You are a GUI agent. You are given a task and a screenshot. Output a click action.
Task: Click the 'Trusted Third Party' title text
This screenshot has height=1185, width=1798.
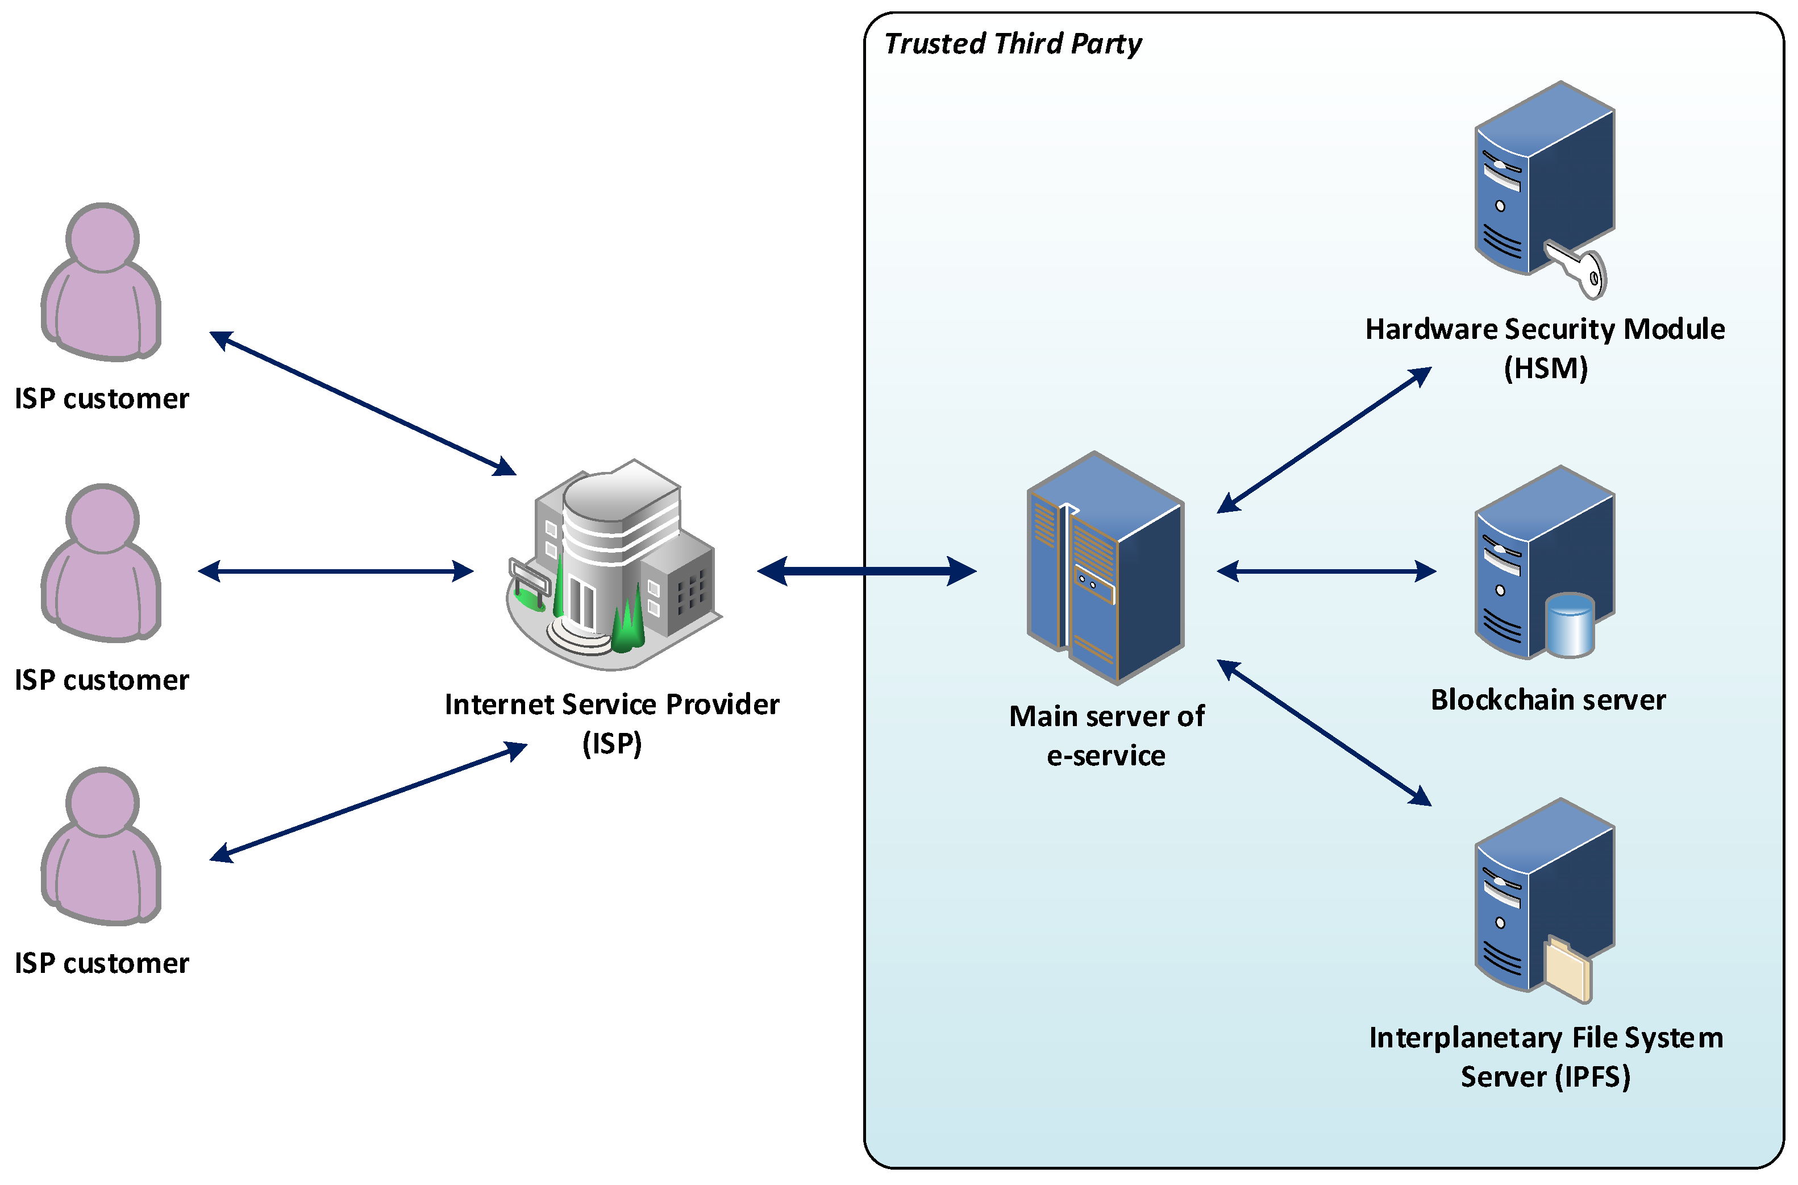coord(1012,44)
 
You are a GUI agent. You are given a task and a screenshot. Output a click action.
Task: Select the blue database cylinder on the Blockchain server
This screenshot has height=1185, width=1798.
coord(1570,625)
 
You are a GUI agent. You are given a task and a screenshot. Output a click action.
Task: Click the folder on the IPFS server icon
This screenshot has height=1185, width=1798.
coord(1568,969)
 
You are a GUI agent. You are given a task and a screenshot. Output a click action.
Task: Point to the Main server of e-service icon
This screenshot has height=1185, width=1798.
coord(1105,568)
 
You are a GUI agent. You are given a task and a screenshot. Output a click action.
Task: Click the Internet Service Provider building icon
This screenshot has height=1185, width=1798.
coord(613,565)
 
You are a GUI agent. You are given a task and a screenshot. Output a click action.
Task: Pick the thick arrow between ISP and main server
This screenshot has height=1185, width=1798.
coord(867,571)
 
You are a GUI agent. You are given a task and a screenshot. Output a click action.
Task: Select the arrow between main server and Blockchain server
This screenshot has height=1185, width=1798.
coord(1326,571)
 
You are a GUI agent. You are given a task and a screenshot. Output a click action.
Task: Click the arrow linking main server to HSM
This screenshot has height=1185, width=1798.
coord(1324,441)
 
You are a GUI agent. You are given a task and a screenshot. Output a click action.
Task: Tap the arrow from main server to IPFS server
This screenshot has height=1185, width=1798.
coord(1324,733)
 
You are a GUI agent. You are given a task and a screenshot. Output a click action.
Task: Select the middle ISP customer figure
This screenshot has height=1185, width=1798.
coord(101,563)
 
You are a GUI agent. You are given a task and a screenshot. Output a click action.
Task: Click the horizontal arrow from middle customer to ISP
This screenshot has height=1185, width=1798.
coord(335,571)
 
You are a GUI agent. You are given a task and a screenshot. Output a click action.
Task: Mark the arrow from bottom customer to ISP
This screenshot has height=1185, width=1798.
coord(368,802)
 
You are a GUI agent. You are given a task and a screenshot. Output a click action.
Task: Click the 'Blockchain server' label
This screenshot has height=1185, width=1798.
coord(1548,701)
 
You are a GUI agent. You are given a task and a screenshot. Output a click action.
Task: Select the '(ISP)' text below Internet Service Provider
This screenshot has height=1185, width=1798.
coord(612,744)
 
